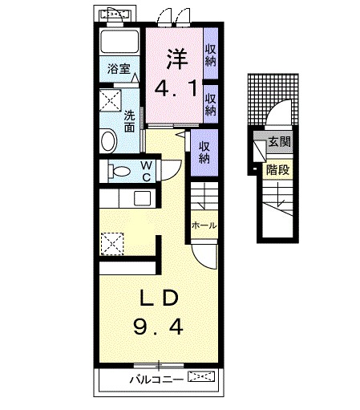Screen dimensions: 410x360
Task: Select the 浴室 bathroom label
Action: click(x=118, y=70)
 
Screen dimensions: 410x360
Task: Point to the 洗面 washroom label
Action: click(x=128, y=120)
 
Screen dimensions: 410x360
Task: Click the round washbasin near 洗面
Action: click(x=110, y=141)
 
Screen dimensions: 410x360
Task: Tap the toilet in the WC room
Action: click(x=119, y=171)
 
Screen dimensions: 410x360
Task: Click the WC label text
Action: click(x=147, y=171)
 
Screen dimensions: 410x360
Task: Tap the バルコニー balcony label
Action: click(x=153, y=377)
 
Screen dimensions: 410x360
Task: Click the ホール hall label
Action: click(x=204, y=225)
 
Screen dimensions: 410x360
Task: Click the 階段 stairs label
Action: click(x=277, y=169)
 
